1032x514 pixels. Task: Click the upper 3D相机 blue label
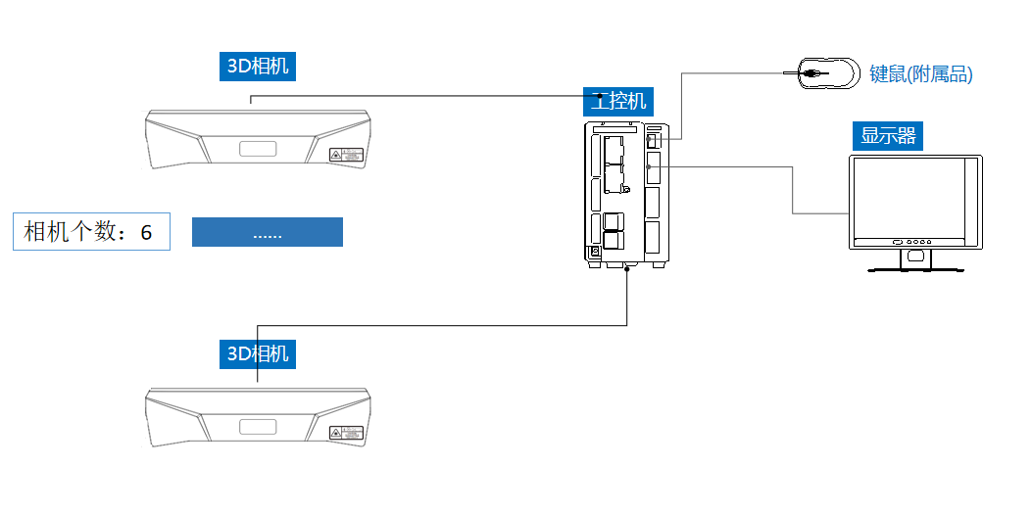click(257, 67)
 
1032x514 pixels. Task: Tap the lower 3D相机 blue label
click(257, 353)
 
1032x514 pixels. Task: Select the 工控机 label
click(616, 100)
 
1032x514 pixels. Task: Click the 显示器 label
click(888, 135)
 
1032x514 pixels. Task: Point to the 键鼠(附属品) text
click(920, 74)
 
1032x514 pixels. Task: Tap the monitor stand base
click(915, 267)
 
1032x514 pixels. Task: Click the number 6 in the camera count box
click(147, 232)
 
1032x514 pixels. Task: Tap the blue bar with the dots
click(267, 232)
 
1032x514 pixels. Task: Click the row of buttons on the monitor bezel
click(912, 242)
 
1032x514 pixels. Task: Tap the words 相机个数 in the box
click(71, 232)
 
